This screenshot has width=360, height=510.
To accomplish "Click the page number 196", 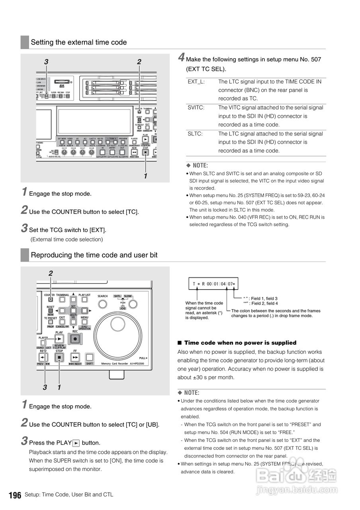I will tap(15, 495).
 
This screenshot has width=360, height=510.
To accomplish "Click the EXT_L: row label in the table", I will tap(196, 82).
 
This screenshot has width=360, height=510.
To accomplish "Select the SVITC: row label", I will tap(196, 108).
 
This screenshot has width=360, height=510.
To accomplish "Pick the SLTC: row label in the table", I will tap(195, 134).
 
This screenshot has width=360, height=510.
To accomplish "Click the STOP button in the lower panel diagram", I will tap(59, 357).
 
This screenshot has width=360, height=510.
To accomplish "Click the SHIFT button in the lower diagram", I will tap(90, 357).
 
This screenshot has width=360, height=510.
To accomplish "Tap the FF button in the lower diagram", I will tap(75, 357).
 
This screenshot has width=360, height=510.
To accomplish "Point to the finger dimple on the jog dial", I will tap(117, 323).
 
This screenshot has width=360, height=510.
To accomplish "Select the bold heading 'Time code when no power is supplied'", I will tap(240, 343).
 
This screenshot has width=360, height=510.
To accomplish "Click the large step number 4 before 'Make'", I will tap(181, 58).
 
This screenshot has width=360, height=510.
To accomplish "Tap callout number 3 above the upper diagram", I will tap(46, 62).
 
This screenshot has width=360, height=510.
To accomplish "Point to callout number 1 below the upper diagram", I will tap(145, 176).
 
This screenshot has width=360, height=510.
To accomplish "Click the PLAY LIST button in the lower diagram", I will tap(84, 300).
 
